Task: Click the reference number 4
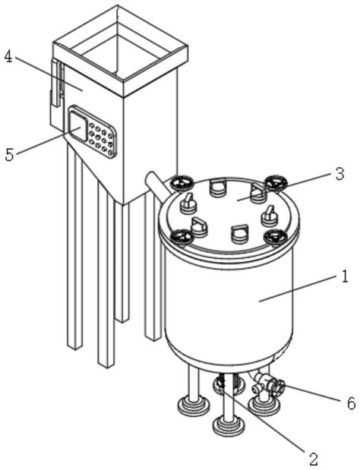tap(8, 57)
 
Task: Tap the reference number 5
tap(10, 155)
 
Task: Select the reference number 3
tap(339, 175)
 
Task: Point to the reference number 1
tap(345, 276)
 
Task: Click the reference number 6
tap(351, 402)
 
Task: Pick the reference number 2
tap(313, 459)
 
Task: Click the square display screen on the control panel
tap(78, 126)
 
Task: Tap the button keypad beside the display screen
tap(102, 137)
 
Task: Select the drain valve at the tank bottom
tap(267, 386)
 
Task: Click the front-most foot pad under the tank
tap(229, 424)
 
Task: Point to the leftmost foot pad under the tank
tap(194, 406)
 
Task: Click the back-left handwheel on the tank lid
tap(181, 183)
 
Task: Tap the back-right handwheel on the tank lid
tap(276, 182)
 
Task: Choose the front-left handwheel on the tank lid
tap(182, 237)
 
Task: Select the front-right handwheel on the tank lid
tap(276, 237)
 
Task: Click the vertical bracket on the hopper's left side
tap(56, 90)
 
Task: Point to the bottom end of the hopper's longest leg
tap(106, 366)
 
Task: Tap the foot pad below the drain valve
tap(264, 406)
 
